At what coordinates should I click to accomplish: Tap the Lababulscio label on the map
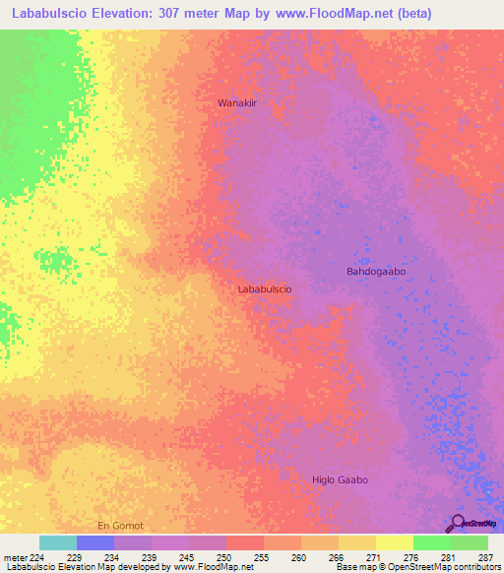[x=264, y=289]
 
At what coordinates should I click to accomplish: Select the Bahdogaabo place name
[x=376, y=271]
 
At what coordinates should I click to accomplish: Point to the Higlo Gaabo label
[x=340, y=479]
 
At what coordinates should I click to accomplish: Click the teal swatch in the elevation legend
[x=58, y=542]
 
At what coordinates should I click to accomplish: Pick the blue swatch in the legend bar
[x=95, y=542]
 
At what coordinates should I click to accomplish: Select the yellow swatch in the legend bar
[x=395, y=542]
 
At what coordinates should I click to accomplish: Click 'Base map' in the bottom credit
[x=353, y=567]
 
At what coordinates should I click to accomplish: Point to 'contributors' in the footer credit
[x=473, y=567]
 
